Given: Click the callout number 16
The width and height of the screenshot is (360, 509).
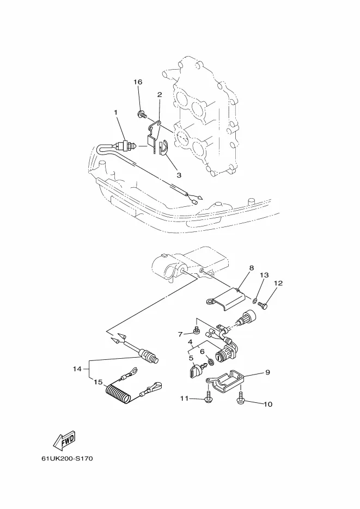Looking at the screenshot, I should click(138, 82).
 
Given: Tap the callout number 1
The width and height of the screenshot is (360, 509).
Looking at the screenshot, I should click(115, 112).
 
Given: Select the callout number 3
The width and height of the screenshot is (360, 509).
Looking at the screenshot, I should click(179, 175).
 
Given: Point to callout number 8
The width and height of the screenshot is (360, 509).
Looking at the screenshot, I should click(252, 268).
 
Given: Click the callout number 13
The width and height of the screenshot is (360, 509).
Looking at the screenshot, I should click(264, 275).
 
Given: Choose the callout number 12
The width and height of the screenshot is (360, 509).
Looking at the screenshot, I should click(278, 283).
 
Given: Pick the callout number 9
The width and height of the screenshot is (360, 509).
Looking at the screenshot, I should click(267, 372).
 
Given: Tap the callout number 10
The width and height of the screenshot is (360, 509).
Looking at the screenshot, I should click(267, 404).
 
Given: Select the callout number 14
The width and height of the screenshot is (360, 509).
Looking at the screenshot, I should click(77, 369).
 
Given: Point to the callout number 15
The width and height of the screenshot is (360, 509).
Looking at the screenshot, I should click(97, 382).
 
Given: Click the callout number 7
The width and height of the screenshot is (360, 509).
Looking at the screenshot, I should click(180, 334).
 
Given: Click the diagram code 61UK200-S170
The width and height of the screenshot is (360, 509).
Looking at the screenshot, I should click(67, 458).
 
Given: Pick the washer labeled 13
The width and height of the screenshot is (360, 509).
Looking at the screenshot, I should click(255, 299).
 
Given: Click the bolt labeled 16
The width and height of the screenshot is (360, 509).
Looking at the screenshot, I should click(142, 114).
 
